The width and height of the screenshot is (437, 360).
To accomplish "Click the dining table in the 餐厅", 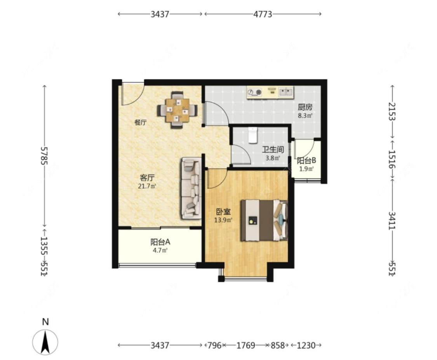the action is pyautogui.click(x=177, y=110).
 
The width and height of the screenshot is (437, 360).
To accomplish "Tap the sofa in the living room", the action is pyautogui.click(x=191, y=188).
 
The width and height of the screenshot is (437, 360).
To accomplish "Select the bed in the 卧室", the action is pyautogui.click(x=264, y=220).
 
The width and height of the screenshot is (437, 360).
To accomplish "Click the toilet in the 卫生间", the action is pyautogui.click(x=252, y=135).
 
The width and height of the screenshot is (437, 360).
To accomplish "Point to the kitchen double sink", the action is pyautogui.click(x=286, y=92).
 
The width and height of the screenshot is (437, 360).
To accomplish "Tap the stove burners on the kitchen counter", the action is pyautogui.click(x=255, y=92).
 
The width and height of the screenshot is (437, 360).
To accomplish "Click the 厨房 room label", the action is pyautogui.click(x=305, y=107).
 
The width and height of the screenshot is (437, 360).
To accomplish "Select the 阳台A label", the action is pyautogui.click(x=160, y=242).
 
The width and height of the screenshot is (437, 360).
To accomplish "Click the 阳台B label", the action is pyautogui.click(x=306, y=161).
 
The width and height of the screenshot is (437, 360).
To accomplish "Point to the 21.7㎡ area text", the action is pyautogui.click(x=147, y=186).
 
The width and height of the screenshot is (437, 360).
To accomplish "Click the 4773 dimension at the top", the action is pyautogui.click(x=263, y=14).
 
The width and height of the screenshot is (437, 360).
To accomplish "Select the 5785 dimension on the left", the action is pyautogui.click(x=44, y=156).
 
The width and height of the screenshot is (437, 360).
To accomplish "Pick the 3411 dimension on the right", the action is pyautogui.click(x=392, y=220).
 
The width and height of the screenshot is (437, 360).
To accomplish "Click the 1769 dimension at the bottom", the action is pyautogui.click(x=245, y=346).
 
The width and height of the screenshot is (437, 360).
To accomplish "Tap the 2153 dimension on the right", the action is pyautogui.click(x=392, y=111).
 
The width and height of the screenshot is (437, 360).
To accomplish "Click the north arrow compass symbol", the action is pyautogui.click(x=45, y=341).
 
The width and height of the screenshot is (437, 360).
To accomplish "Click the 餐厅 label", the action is pyautogui.click(x=141, y=122).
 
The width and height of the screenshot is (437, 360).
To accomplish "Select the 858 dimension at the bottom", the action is pyautogui.click(x=278, y=346).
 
